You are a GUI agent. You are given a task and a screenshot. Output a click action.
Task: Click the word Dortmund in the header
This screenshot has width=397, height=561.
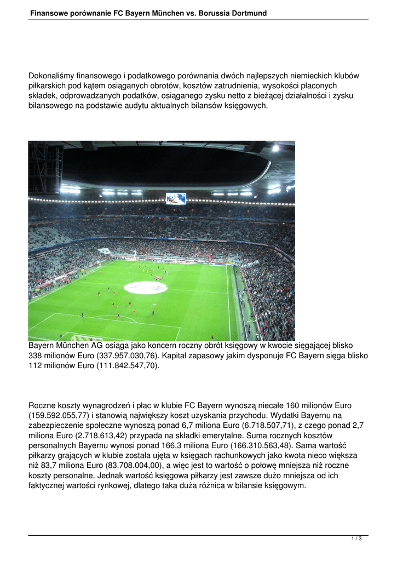[249, 13]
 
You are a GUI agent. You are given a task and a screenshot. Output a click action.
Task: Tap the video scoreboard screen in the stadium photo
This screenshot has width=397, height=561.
[176, 198]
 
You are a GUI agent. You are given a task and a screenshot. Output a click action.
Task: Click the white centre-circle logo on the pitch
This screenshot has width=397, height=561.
[145, 287]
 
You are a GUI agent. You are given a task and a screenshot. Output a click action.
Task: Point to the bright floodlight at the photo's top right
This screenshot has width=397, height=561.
[275, 148]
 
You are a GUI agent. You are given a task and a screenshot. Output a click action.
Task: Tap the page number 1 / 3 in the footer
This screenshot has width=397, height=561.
[356, 539]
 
